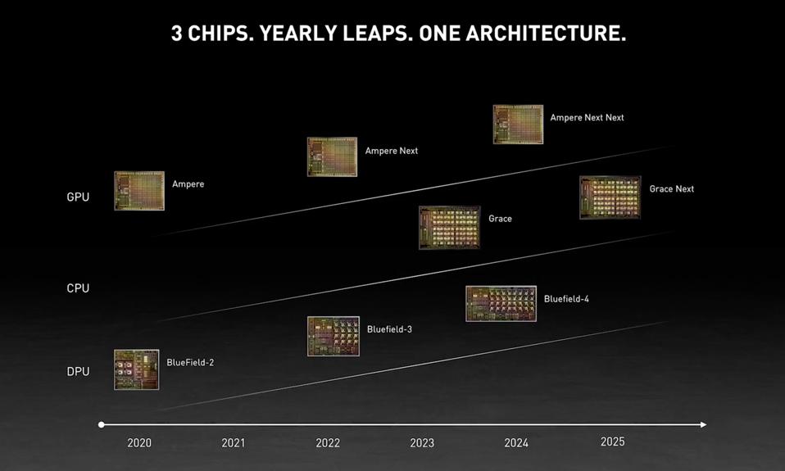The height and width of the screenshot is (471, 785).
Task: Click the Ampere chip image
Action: pyautogui.click(x=139, y=191)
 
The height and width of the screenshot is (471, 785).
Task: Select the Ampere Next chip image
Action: pyautogui.click(x=332, y=156)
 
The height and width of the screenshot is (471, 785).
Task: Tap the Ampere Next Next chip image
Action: pyautogui.click(x=518, y=125)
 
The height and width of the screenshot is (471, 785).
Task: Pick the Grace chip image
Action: pyautogui.click(x=449, y=227)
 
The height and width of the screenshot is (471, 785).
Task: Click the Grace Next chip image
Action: pyautogui.click(x=610, y=197)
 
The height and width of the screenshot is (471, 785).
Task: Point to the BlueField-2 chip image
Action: pyautogui.click(x=136, y=369)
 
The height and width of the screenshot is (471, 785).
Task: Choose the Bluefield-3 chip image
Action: pyautogui.click(x=333, y=336)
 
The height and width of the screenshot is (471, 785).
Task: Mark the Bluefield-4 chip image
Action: pyautogui.click(x=501, y=304)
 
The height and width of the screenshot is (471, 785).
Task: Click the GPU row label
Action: pyautogui.click(x=78, y=197)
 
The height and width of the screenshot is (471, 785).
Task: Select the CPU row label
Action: pyautogui.click(x=78, y=288)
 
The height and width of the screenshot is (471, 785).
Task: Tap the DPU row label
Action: pyautogui.click(x=78, y=372)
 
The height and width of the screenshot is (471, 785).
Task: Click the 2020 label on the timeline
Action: pyautogui.click(x=139, y=443)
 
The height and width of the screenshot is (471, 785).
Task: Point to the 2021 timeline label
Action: pyautogui.click(x=234, y=443)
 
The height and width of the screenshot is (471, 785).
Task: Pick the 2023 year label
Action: pyautogui.click(x=422, y=443)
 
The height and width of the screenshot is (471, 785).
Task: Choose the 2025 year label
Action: pyautogui.click(x=612, y=442)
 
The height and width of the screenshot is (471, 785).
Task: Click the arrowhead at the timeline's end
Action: pyautogui.click(x=702, y=424)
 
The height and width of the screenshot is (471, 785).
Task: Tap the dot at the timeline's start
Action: pyautogui.click(x=102, y=424)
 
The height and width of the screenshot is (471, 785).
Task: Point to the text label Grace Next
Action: pyautogui.click(x=671, y=189)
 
